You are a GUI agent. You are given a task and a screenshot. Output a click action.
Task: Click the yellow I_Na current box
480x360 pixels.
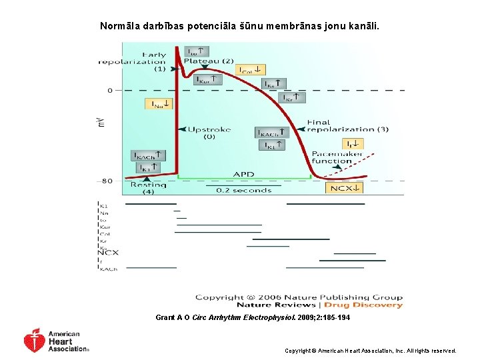(x=158, y=104)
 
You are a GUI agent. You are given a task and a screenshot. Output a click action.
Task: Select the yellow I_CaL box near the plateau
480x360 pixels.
(x=252, y=69)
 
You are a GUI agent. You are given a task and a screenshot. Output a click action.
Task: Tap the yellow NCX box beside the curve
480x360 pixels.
(x=345, y=187)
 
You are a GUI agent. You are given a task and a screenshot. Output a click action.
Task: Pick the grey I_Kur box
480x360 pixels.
(x=207, y=79)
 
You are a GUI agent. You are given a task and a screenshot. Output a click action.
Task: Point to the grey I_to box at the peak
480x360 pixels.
(x=197, y=51)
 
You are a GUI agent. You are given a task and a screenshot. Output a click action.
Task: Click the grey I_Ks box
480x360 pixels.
(x=273, y=85)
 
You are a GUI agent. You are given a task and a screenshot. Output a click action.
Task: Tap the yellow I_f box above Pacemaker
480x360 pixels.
(x=353, y=144)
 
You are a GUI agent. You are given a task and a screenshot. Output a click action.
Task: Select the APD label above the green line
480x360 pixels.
(x=243, y=174)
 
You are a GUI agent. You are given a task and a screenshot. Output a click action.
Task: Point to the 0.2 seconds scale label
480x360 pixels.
(x=243, y=190)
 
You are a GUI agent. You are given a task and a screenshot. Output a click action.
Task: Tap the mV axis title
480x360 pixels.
(x=101, y=121)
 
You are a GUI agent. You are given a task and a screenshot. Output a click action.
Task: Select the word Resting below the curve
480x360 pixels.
(x=148, y=185)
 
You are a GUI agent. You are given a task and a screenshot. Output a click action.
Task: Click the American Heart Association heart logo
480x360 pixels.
(x=35, y=340)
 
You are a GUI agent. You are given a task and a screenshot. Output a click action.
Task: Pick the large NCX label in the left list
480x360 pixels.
(x=108, y=253)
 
